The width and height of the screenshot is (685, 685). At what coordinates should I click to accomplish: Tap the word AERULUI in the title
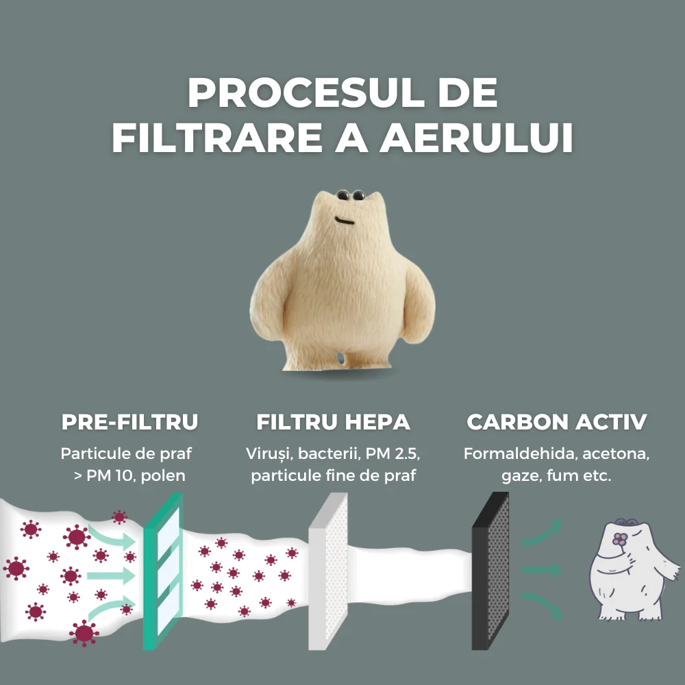(x=476, y=138)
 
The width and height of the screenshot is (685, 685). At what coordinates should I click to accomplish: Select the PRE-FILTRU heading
(x=129, y=421)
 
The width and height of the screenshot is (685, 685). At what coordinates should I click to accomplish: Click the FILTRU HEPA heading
(x=333, y=421)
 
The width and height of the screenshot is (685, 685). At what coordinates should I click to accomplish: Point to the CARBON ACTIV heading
(x=556, y=421)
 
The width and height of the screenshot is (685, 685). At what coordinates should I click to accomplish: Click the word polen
(x=163, y=475)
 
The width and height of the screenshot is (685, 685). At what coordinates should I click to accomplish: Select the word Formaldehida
(x=521, y=453)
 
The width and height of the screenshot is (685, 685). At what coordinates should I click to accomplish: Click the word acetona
(x=616, y=454)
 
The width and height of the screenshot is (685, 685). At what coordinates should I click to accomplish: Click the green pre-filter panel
(x=163, y=570)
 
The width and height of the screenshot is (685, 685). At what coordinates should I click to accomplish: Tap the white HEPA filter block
(x=328, y=571)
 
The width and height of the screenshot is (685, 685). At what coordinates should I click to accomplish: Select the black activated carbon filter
(x=490, y=571)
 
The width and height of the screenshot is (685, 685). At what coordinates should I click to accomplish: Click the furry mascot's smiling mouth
(x=345, y=220)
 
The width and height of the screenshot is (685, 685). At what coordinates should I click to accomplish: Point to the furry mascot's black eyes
(x=351, y=195)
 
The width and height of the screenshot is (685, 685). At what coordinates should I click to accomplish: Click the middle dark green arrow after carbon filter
(x=542, y=570)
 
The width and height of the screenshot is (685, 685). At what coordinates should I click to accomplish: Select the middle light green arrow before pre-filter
(x=112, y=575)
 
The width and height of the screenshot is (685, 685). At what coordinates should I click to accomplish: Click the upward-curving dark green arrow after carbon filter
(x=542, y=533)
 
